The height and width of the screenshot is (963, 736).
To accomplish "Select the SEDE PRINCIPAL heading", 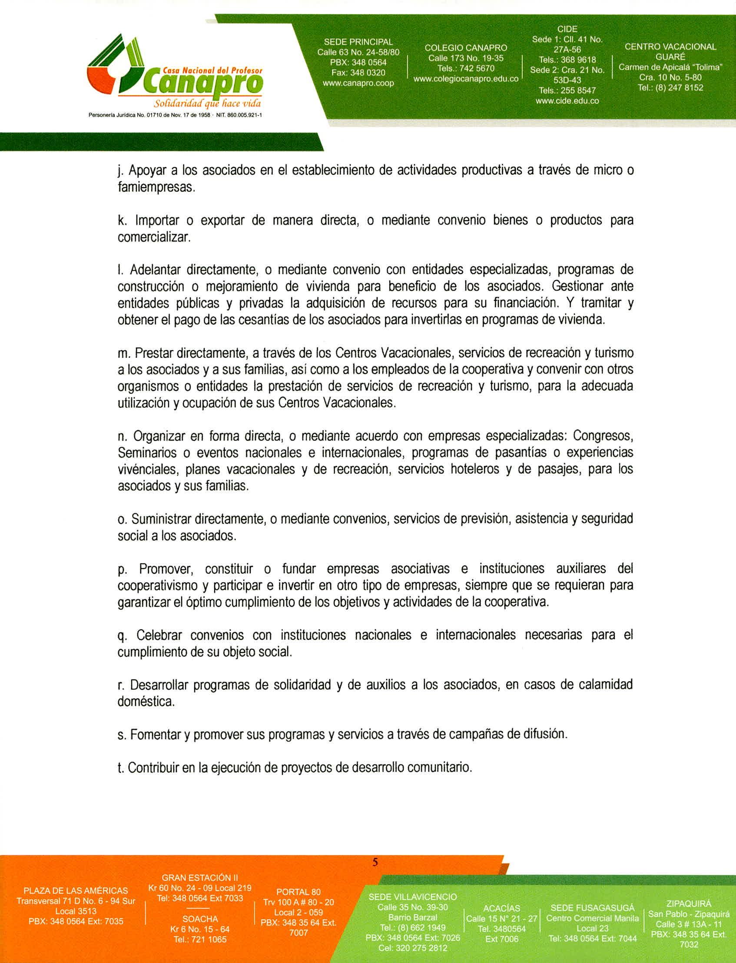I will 358,42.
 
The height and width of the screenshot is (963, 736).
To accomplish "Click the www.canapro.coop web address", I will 358,83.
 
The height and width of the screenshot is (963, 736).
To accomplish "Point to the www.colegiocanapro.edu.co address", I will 466,79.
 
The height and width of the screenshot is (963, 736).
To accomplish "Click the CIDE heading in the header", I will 567,29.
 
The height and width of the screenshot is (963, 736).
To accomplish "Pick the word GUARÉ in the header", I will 670,57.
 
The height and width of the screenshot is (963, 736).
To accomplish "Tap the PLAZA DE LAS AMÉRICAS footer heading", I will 76,891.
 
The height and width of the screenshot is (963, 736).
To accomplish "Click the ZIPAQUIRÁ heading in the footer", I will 688,903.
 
